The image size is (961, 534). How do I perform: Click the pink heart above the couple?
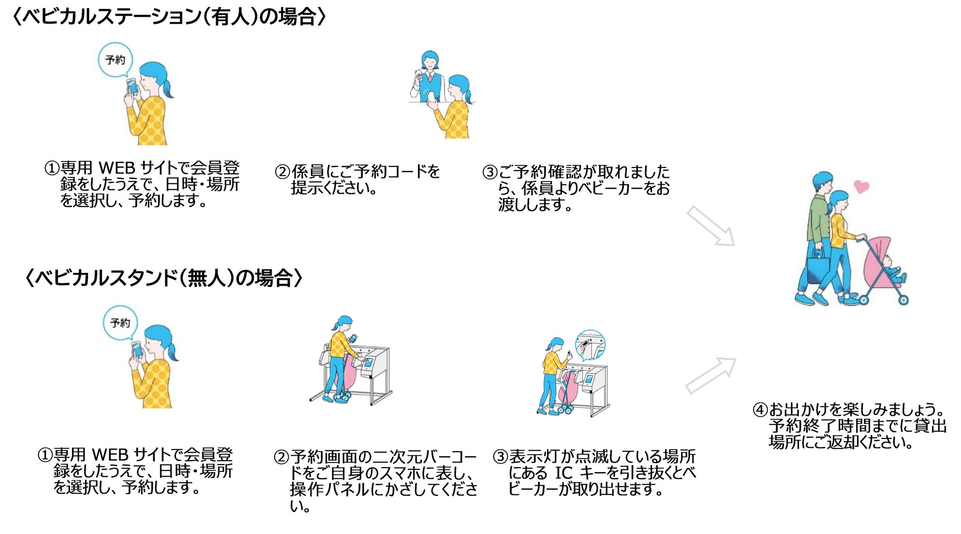point(861,187)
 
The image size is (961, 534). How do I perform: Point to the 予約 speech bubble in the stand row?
point(120,323)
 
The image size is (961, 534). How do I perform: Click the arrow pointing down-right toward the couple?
point(711,226)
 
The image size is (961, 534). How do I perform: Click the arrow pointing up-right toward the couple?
point(711,375)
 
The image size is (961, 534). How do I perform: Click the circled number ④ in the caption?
point(760,410)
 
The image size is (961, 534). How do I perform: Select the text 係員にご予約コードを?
point(365,172)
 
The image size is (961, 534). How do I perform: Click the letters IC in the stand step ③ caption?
point(563,473)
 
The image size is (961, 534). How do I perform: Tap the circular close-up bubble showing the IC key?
point(590,345)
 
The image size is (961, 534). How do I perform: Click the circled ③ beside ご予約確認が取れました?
point(490,172)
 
